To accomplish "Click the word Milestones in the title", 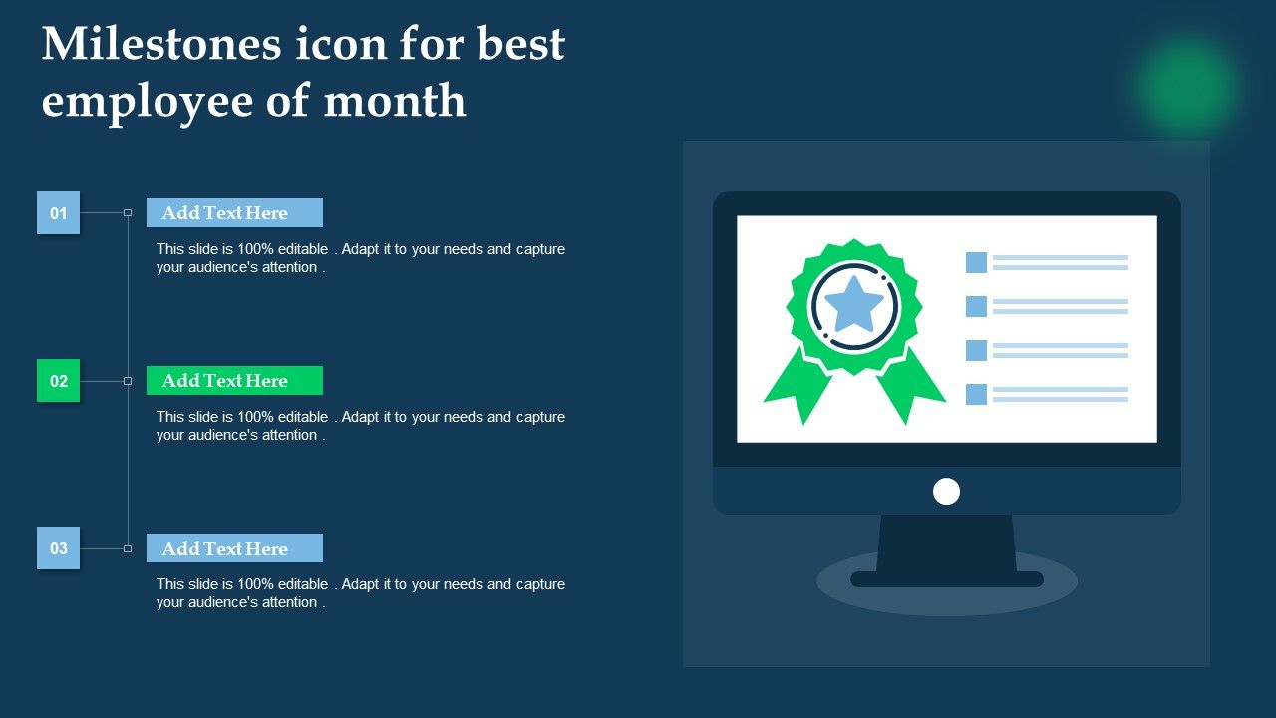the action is pos(161,44).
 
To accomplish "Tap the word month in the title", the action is pos(395,101).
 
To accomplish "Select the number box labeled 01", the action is pos(58,212).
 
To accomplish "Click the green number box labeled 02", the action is pos(58,380).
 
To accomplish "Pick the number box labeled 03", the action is pos(58,547).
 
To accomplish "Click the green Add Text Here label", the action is pos(234,380).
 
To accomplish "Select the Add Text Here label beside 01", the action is pos(234,212).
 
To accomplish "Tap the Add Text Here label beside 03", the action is pos(234,547).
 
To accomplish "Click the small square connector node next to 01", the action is pos(128,213).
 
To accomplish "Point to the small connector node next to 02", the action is pos(128,381).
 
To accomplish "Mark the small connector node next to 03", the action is pos(128,548).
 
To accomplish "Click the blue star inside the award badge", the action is pos(854,305).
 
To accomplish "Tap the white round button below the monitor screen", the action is pos(946,492).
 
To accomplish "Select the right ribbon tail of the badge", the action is pos(910,388).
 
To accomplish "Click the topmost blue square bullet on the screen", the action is pos(976,262).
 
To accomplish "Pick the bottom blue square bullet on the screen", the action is pos(976,394).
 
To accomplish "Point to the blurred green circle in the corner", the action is pos(1187,86).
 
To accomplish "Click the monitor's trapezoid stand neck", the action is pos(946,543).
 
